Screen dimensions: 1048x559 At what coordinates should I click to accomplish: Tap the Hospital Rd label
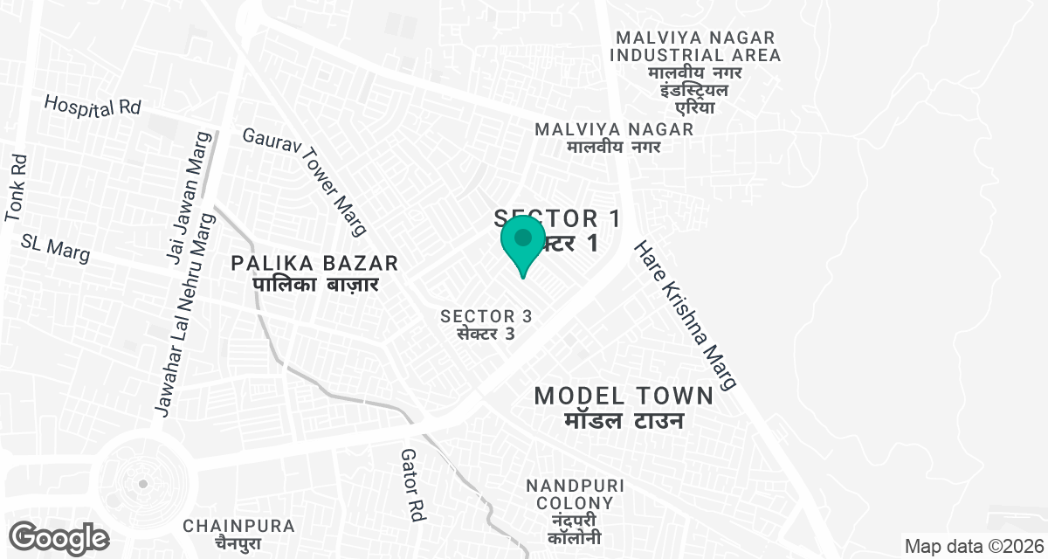tap(93, 107)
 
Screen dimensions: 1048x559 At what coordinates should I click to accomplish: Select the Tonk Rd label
tap(17, 189)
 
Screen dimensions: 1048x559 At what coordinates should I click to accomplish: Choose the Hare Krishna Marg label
tap(686, 315)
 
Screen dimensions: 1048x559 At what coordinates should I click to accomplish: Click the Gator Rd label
tap(411, 486)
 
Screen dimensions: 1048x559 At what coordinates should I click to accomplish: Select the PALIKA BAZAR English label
tap(315, 263)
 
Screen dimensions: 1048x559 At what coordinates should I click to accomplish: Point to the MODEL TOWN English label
tap(624, 396)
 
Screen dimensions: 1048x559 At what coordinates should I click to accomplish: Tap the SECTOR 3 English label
tap(486, 316)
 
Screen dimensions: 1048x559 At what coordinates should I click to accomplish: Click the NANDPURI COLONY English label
tap(575, 494)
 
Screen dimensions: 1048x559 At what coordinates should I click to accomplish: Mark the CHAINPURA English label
tap(238, 526)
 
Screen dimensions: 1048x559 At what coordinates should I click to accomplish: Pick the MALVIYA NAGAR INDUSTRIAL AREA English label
tap(695, 46)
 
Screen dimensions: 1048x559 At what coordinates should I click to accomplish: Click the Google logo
tap(59, 537)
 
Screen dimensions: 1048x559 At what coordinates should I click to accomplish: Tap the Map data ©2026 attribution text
tap(974, 546)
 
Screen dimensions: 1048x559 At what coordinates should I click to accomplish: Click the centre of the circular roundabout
tap(141, 483)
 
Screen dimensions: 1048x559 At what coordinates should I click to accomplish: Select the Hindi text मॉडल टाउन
tap(621, 421)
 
